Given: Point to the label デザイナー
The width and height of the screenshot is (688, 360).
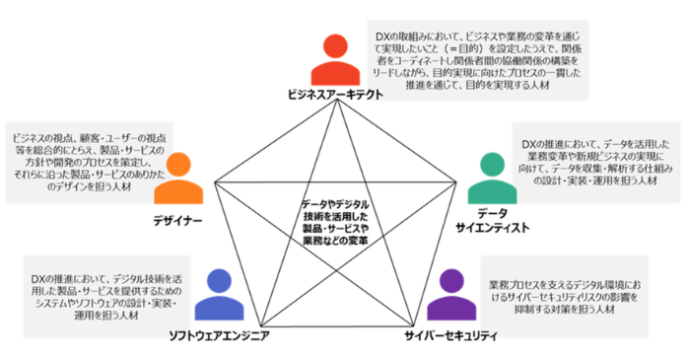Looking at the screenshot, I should (x=178, y=218).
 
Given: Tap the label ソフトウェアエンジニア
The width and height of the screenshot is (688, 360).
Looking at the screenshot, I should (x=219, y=336).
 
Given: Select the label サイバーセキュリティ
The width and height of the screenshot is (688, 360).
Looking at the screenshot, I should (x=450, y=335).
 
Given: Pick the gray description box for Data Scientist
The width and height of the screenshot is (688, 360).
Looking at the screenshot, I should (x=590, y=164).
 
